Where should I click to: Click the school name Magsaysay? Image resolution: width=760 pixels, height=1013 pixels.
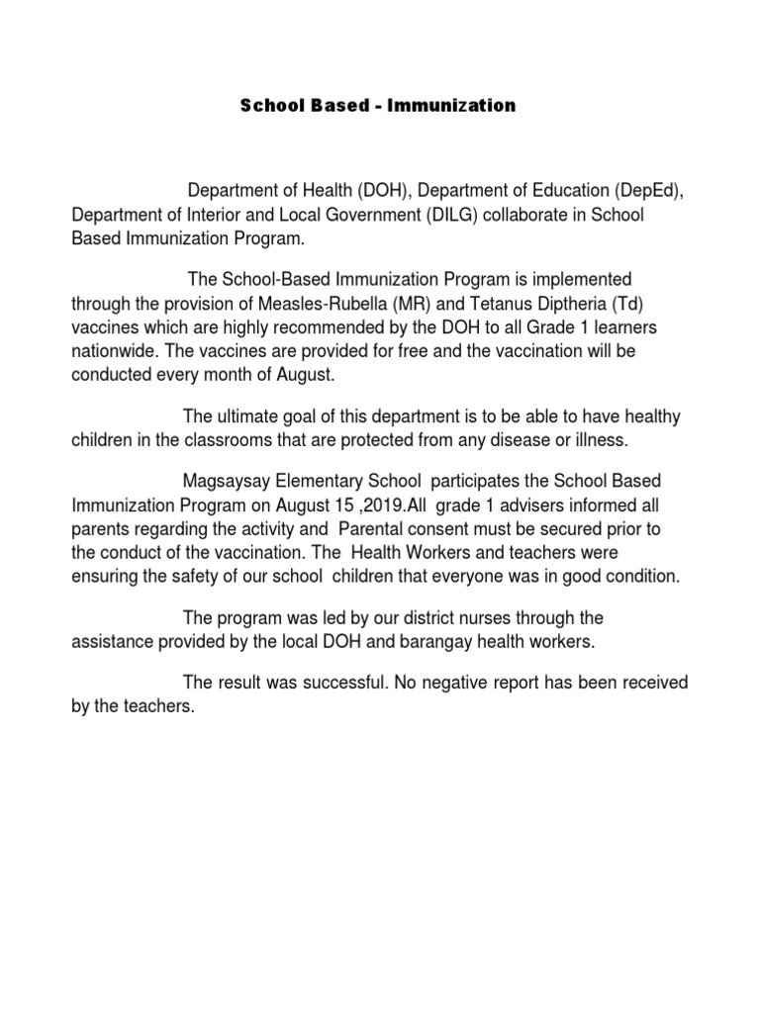227,481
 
